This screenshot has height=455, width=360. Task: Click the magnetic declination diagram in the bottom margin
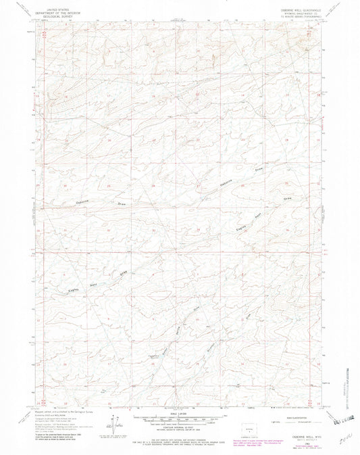(110, 423)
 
